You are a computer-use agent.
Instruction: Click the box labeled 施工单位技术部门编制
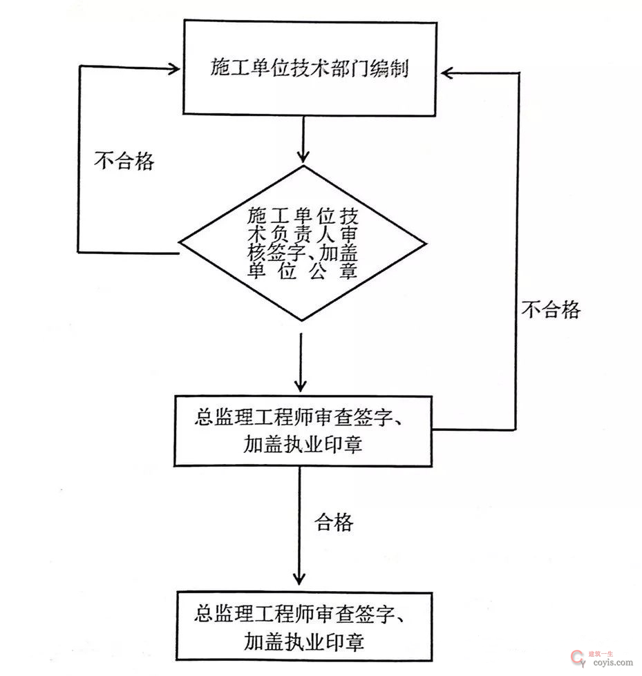(x=309, y=68)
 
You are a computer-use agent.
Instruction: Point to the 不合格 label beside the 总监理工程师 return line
(x=551, y=309)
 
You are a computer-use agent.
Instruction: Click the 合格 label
(x=334, y=522)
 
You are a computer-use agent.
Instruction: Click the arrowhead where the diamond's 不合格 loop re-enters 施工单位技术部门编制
(x=174, y=68)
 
